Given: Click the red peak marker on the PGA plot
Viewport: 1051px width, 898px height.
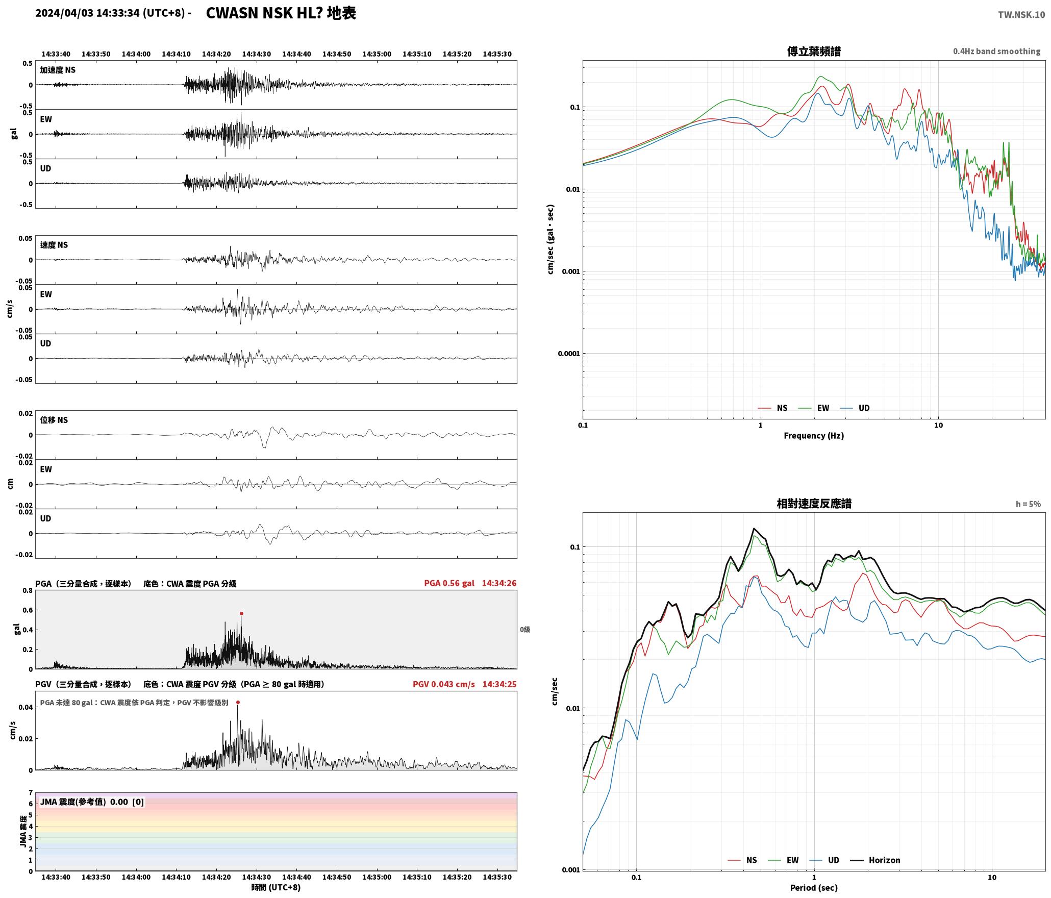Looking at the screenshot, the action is (x=241, y=613).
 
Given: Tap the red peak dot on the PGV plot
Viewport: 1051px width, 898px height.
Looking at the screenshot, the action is (x=238, y=702).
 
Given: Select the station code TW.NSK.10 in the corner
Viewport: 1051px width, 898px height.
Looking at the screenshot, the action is (x=1021, y=15).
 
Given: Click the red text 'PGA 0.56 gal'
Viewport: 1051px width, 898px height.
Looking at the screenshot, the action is (x=449, y=583).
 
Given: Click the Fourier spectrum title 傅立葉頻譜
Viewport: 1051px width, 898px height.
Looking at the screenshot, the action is (x=814, y=51).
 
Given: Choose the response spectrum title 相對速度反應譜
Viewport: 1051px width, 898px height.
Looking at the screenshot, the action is (x=814, y=503).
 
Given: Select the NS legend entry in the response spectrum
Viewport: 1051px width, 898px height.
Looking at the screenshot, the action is (x=742, y=860).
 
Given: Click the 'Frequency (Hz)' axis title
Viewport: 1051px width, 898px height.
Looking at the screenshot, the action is (x=814, y=435).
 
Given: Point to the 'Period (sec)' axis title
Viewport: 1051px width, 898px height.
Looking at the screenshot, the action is (x=814, y=887).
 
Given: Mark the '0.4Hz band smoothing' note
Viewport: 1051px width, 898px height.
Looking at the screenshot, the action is (x=996, y=51).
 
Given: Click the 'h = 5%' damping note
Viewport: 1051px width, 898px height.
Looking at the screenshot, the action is (x=1028, y=504).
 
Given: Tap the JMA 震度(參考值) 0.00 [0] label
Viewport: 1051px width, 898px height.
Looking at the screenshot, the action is (x=92, y=802).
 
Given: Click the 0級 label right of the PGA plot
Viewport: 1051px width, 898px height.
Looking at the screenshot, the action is (x=525, y=629).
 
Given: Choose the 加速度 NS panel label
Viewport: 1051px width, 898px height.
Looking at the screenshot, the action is (x=58, y=70).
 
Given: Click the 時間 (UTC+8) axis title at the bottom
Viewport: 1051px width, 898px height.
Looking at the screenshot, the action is (x=276, y=887).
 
